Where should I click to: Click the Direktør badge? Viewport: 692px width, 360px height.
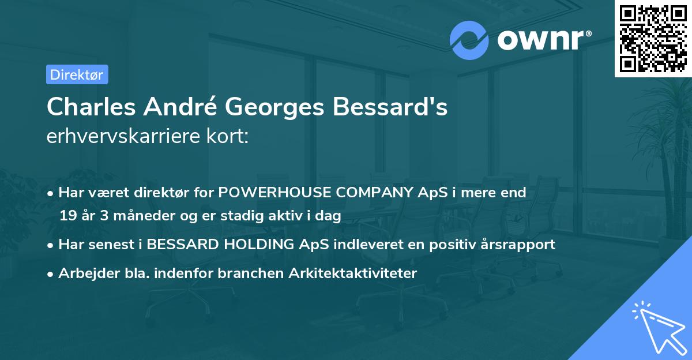pos(77,74)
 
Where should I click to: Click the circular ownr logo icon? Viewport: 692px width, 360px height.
pos(469,40)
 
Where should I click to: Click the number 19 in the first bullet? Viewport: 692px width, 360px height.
pos(67,216)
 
